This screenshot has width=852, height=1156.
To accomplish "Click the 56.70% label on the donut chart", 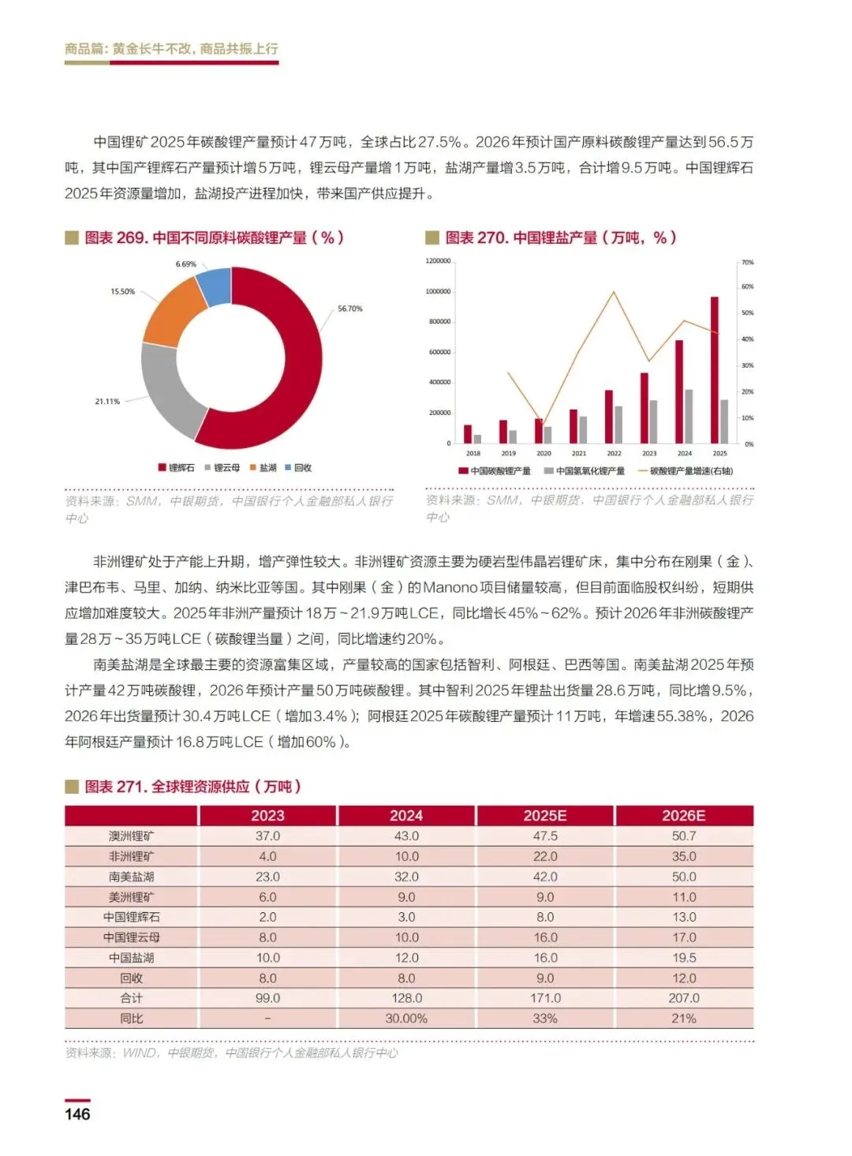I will pos(349,309).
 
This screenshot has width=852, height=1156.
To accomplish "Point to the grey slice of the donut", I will pos(170,391).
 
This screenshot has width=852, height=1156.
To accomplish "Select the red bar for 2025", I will pos(715,371).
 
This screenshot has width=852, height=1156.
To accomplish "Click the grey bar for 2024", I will pos(689,416).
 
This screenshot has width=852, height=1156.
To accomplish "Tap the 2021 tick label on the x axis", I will pos(579,454).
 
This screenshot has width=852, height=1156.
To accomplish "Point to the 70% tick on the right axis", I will pos(747,262).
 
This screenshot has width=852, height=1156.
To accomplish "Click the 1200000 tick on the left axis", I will pos(438,261).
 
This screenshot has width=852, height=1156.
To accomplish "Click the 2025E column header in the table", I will pos(545,816).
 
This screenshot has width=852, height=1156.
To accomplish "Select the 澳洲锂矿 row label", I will pos(132,836).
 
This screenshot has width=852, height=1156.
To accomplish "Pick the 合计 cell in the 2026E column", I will pos(684,998).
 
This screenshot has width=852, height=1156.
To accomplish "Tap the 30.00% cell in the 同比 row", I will pos(406,1019).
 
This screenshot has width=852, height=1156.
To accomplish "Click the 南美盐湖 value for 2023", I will pos(267,877).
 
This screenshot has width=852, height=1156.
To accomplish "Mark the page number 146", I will pos(77,1114).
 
